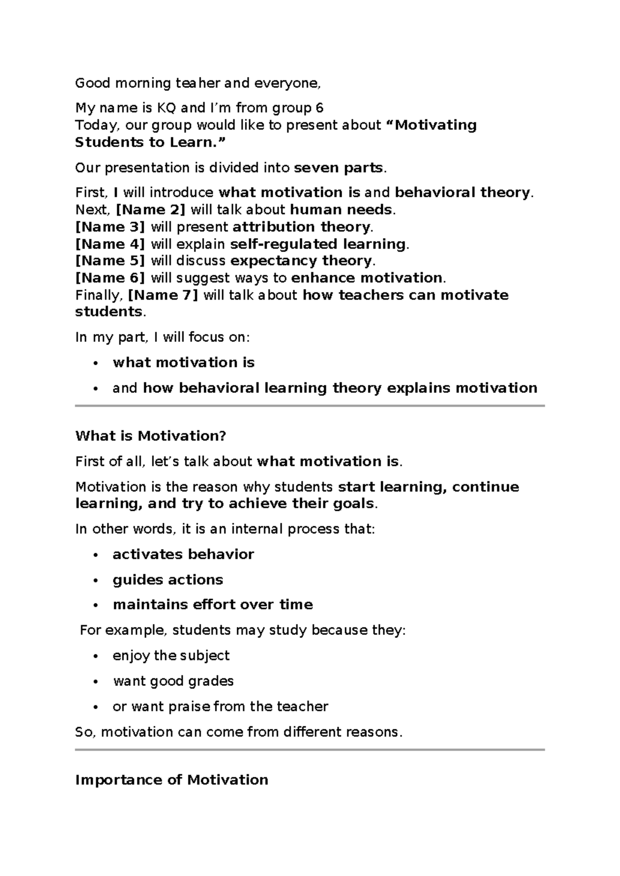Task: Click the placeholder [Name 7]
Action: point(163,295)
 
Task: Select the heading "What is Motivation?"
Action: point(151,436)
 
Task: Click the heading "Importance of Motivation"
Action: point(172,779)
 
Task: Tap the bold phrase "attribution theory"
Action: point(301,227)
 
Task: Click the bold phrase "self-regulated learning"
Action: point(318,244)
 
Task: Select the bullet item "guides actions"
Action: point(168,580)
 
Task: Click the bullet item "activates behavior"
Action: point(183,554)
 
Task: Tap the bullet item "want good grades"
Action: point(173,681)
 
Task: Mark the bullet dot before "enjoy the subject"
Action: point(95,656)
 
